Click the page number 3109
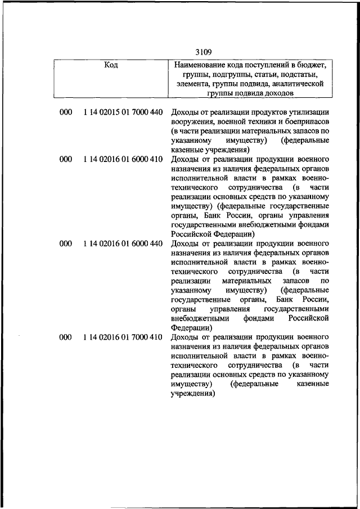[x=203, y=52]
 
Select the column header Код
[x=111, y=65]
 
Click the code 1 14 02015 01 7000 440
[x=123, y=112]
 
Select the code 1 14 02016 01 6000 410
[x=123, y=160]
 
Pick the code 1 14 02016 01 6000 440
[x=123, y=244]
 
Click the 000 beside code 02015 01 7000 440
[x=66, y=112]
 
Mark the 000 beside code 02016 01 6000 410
[x=66, y=160]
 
